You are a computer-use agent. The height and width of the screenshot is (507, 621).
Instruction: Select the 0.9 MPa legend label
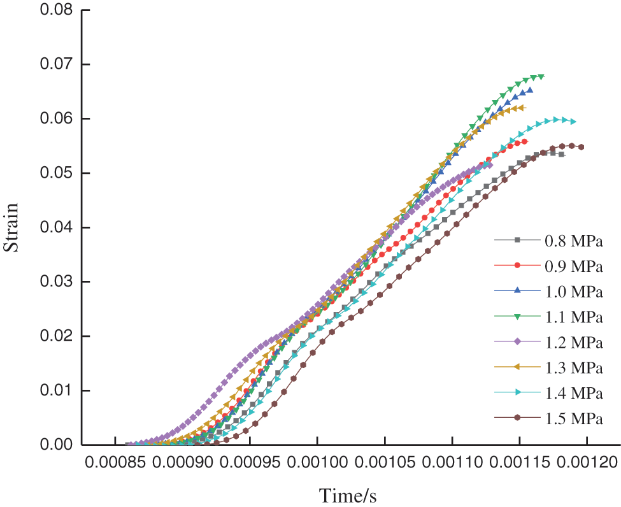[573, 265]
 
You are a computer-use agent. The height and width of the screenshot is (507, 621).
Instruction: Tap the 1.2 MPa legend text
[573, 342]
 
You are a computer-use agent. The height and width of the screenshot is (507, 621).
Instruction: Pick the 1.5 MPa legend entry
[573, 418]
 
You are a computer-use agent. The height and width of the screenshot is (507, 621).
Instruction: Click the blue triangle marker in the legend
[517, 290]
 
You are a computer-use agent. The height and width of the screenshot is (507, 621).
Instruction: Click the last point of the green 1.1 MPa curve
[541, 76]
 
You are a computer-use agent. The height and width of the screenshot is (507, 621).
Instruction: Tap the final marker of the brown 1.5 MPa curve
[582, 147]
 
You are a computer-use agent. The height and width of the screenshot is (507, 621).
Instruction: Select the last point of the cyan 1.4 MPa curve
[574, 122]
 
